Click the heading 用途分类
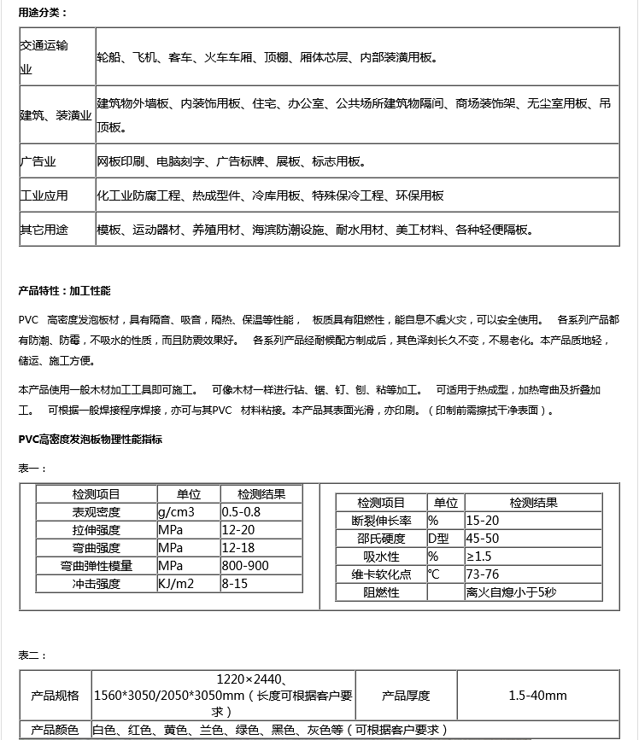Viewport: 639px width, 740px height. pyautogui.click(x=43, y=12)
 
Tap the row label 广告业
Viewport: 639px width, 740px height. pyautogui.click(x=38, y=161)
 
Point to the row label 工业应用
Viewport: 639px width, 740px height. pyautogui.click(x=44, y=195)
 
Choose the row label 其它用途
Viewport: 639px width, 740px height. pyautogui.click(x=44, y=230)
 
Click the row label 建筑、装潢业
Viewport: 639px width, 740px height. pyautogui.click(x=56, y=115)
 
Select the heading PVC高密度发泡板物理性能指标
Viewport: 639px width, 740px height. pyautogui.click(x=91, y=440)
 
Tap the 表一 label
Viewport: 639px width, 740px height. pyautogui.click(x=32, y=468)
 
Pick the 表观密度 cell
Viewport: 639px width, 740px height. pyautogui.click(x=96, y=512)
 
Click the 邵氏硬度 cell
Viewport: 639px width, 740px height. pyautogui.click(x=381, y=539)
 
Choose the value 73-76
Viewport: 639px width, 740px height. pyautogui.click(x=483, y=574)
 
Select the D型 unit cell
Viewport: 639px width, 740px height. pyautogui.click(x=438, y=539)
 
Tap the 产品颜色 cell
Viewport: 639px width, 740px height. pyautogui.click(x=55, y=730)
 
